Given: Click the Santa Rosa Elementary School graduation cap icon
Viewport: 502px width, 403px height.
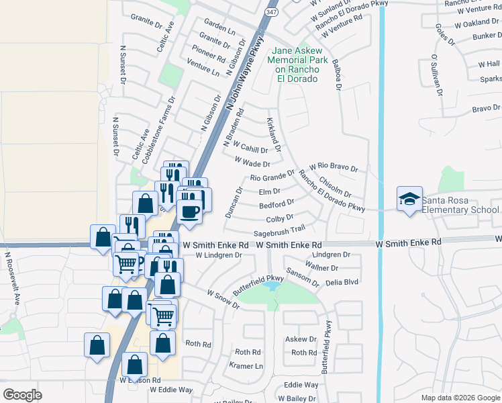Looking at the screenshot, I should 409,199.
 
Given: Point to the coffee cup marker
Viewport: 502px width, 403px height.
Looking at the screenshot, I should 189,212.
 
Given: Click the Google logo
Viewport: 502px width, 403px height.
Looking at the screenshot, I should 22,394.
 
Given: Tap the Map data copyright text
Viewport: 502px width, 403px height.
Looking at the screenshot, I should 460,398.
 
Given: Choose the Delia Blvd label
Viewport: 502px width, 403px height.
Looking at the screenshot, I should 342,282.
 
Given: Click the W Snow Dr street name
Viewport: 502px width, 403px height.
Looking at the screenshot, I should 223,300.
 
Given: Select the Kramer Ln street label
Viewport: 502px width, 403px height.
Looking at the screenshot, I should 246,366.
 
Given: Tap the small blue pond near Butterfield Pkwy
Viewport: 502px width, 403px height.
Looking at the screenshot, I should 272,286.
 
